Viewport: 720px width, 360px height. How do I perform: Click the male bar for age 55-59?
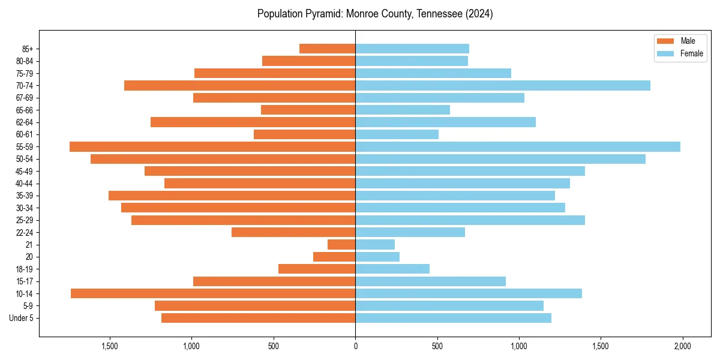click(x=212, y=146)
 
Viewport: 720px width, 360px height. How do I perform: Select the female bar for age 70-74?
click(x=503, y=85)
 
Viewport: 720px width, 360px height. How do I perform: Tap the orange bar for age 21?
click(x=341, y=244)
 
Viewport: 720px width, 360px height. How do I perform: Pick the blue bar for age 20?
click(x=377, y=257)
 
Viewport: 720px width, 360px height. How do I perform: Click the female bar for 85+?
click(x=412, y=49)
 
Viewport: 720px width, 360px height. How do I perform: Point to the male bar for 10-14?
click(x=213, y=293)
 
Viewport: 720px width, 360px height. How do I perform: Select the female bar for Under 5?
click(x=453, y=318)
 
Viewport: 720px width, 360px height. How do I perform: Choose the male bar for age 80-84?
click(x=309, y=61)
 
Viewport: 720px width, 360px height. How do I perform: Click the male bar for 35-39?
click(x=232, y=196)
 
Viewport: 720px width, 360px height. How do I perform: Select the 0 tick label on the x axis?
click(x=355, y=346)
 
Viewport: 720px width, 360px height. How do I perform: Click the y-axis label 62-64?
click(x=25, y=122)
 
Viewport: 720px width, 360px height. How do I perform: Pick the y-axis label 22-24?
click(x=25, y=232)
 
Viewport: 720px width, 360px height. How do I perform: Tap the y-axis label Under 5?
click(x=22, y=318)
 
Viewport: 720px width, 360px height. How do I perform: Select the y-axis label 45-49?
click(x=25, y=171)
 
